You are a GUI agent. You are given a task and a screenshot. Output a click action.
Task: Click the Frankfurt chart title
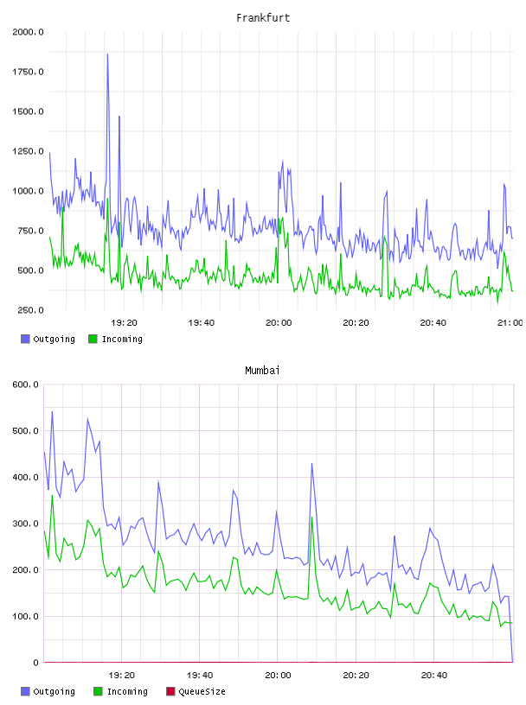click(263, 18)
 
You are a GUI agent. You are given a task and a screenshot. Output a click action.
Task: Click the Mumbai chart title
click(262, 371)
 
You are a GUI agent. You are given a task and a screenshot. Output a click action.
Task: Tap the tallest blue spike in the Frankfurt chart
click(107, 54)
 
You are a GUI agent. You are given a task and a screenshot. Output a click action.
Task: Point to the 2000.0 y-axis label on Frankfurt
click(28, 32)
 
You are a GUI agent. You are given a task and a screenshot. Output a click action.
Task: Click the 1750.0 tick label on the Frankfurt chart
click(28, 72)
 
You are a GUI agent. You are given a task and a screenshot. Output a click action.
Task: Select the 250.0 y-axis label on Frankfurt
click(30, 310)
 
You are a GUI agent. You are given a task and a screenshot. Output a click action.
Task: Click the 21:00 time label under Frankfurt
click(510, 323)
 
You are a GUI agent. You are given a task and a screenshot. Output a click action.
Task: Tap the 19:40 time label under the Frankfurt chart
click(202, 323)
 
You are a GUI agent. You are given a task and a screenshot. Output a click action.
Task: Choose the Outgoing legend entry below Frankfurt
click(48, 339)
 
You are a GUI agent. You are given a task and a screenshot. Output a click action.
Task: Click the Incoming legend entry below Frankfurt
click(116, 339)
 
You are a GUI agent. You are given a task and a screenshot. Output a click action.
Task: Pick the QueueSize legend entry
click(196, 691)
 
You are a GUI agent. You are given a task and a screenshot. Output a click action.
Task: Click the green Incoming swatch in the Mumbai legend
click(98, 691)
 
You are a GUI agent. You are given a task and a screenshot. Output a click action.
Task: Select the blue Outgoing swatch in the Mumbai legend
click(25, 691)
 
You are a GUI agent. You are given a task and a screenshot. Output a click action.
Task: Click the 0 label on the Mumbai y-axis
click(35, 663)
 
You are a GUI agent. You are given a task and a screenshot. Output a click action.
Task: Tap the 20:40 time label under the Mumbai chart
click(434, 676)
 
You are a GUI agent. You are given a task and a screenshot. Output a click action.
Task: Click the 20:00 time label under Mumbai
click(278, 676)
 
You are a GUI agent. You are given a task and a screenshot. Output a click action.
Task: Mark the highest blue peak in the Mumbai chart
click(52, 412)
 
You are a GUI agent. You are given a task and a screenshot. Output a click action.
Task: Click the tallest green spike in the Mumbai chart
click(52, 496)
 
